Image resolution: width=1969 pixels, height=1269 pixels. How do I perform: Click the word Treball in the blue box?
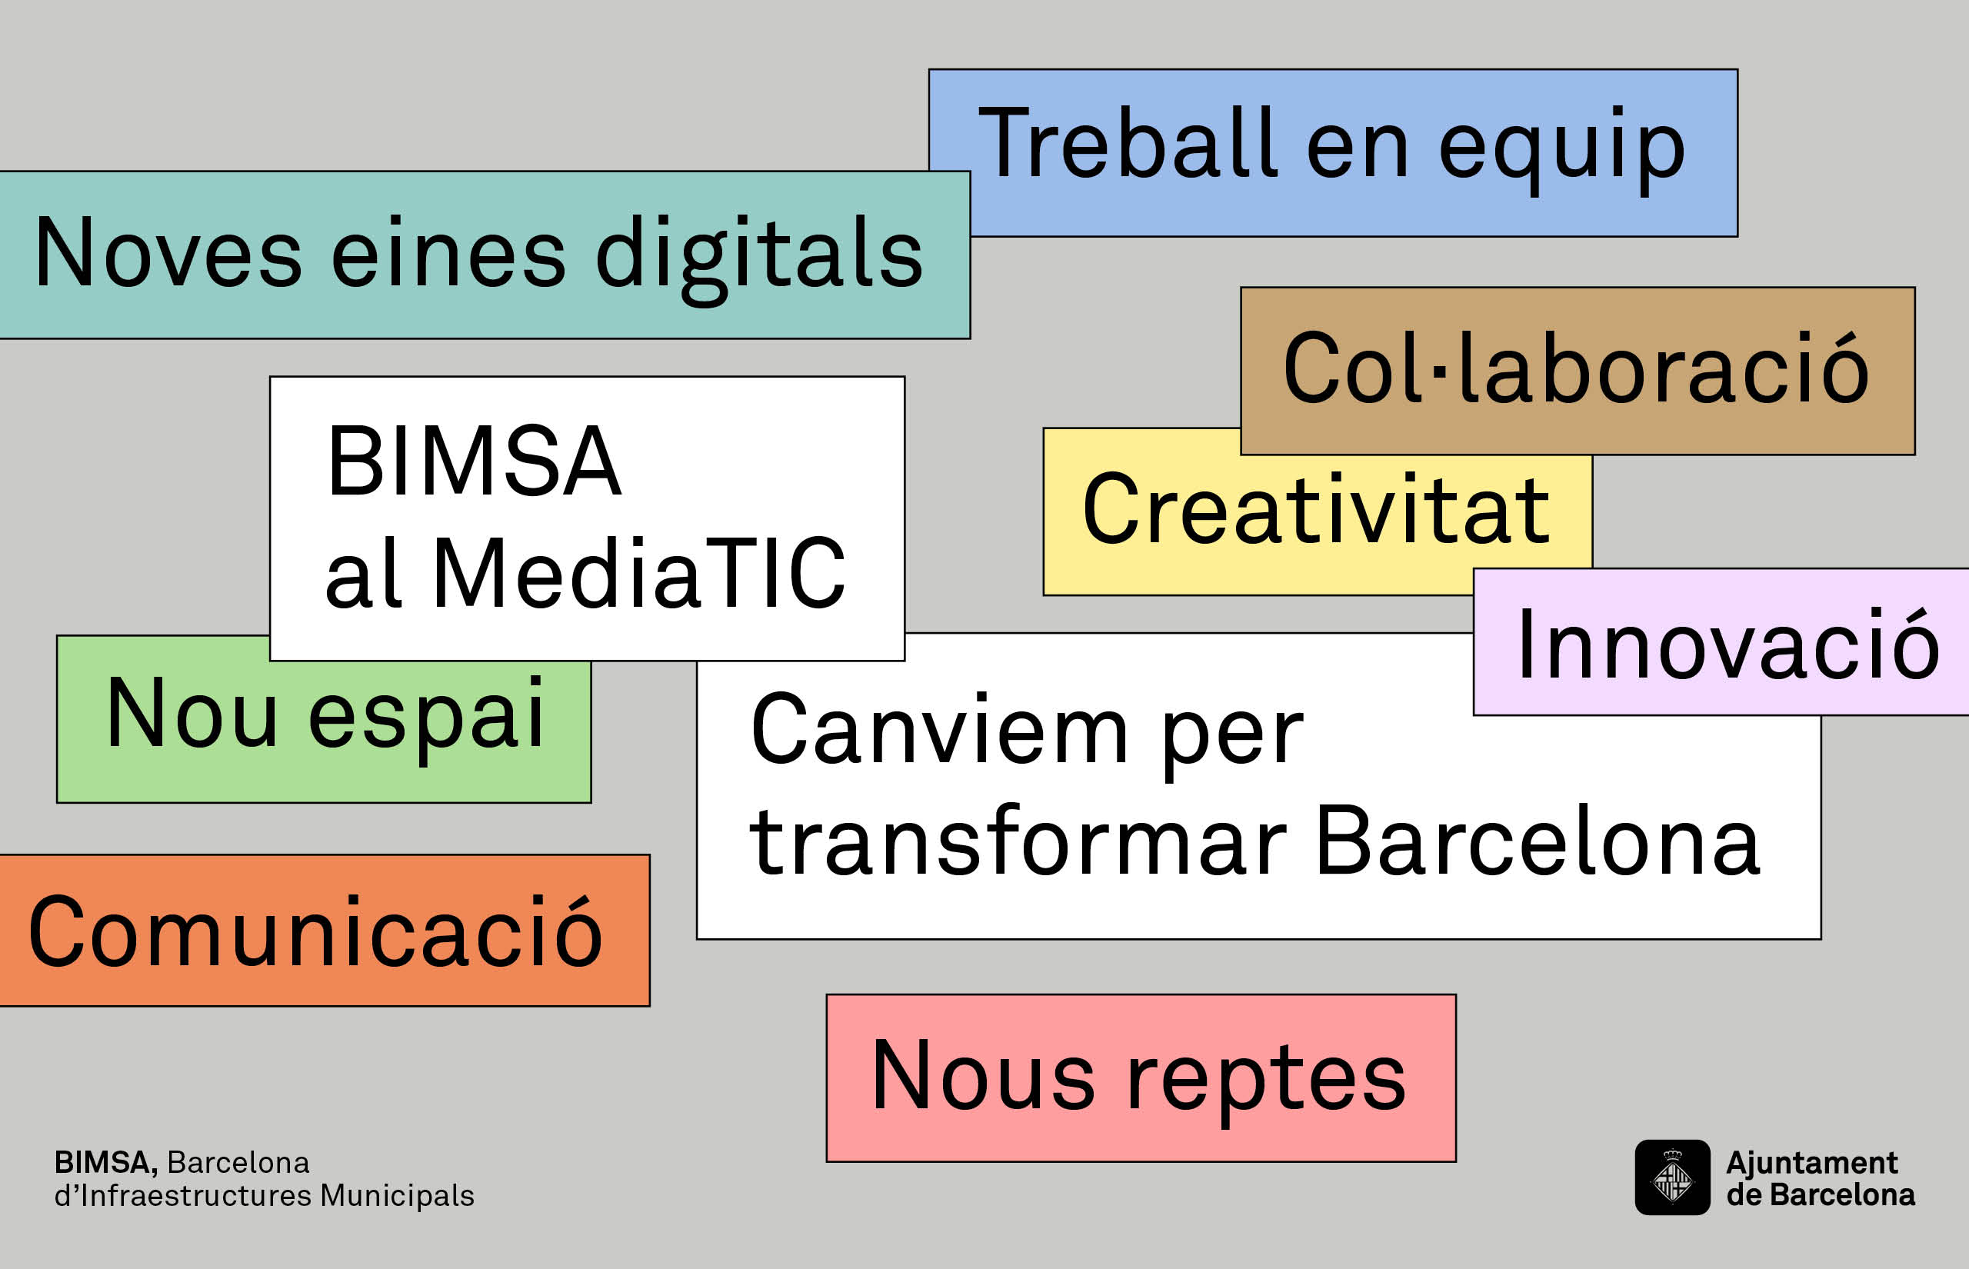(1128, 142)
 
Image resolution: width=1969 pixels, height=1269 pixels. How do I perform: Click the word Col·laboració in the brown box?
(1576, 368)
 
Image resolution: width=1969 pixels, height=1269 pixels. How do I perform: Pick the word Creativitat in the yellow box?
(1316, 509)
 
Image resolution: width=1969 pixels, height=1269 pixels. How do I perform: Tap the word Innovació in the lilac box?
(1727, 644)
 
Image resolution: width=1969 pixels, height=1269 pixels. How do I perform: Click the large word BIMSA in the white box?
(474, 461)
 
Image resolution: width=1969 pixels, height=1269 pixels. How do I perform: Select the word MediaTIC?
(639, 573)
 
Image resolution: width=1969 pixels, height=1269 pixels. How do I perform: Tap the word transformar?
(1018, 840)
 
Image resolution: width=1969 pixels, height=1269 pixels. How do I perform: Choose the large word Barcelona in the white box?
(1537, 841)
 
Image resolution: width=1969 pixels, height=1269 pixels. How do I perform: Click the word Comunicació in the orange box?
(315, 932)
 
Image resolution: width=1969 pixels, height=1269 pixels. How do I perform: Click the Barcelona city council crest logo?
(1672, 1177)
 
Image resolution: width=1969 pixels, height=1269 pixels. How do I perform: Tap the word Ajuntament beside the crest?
(1811, 1163)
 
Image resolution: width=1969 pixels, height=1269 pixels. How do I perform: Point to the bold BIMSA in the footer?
(105, 1163)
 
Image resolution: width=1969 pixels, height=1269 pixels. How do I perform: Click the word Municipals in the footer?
(397, 1196)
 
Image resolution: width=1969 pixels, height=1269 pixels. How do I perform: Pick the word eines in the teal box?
(448, 255)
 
